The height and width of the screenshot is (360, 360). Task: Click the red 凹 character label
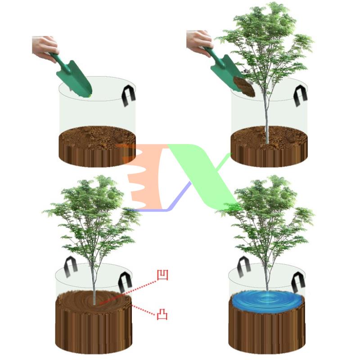click(x=162, y=275)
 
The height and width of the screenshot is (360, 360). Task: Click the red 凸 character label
click(x=162, y=315)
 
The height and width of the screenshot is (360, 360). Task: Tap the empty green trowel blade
click(x=75, y=79)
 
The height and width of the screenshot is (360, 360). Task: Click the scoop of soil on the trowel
click(x=244, y=86)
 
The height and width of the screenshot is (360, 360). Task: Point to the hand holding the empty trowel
click(x=44, y=48)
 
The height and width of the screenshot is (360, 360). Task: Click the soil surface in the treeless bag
click(x=97, y=137)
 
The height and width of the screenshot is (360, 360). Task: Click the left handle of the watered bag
click(x=243, y=267)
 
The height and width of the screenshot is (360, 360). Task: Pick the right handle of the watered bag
click(x=298, y=283)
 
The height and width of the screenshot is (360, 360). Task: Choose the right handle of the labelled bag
click(x=125, y=283)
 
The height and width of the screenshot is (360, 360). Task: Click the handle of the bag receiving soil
click(x=300, y=95)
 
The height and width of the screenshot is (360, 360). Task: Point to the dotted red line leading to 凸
click(x=143, y=310)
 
